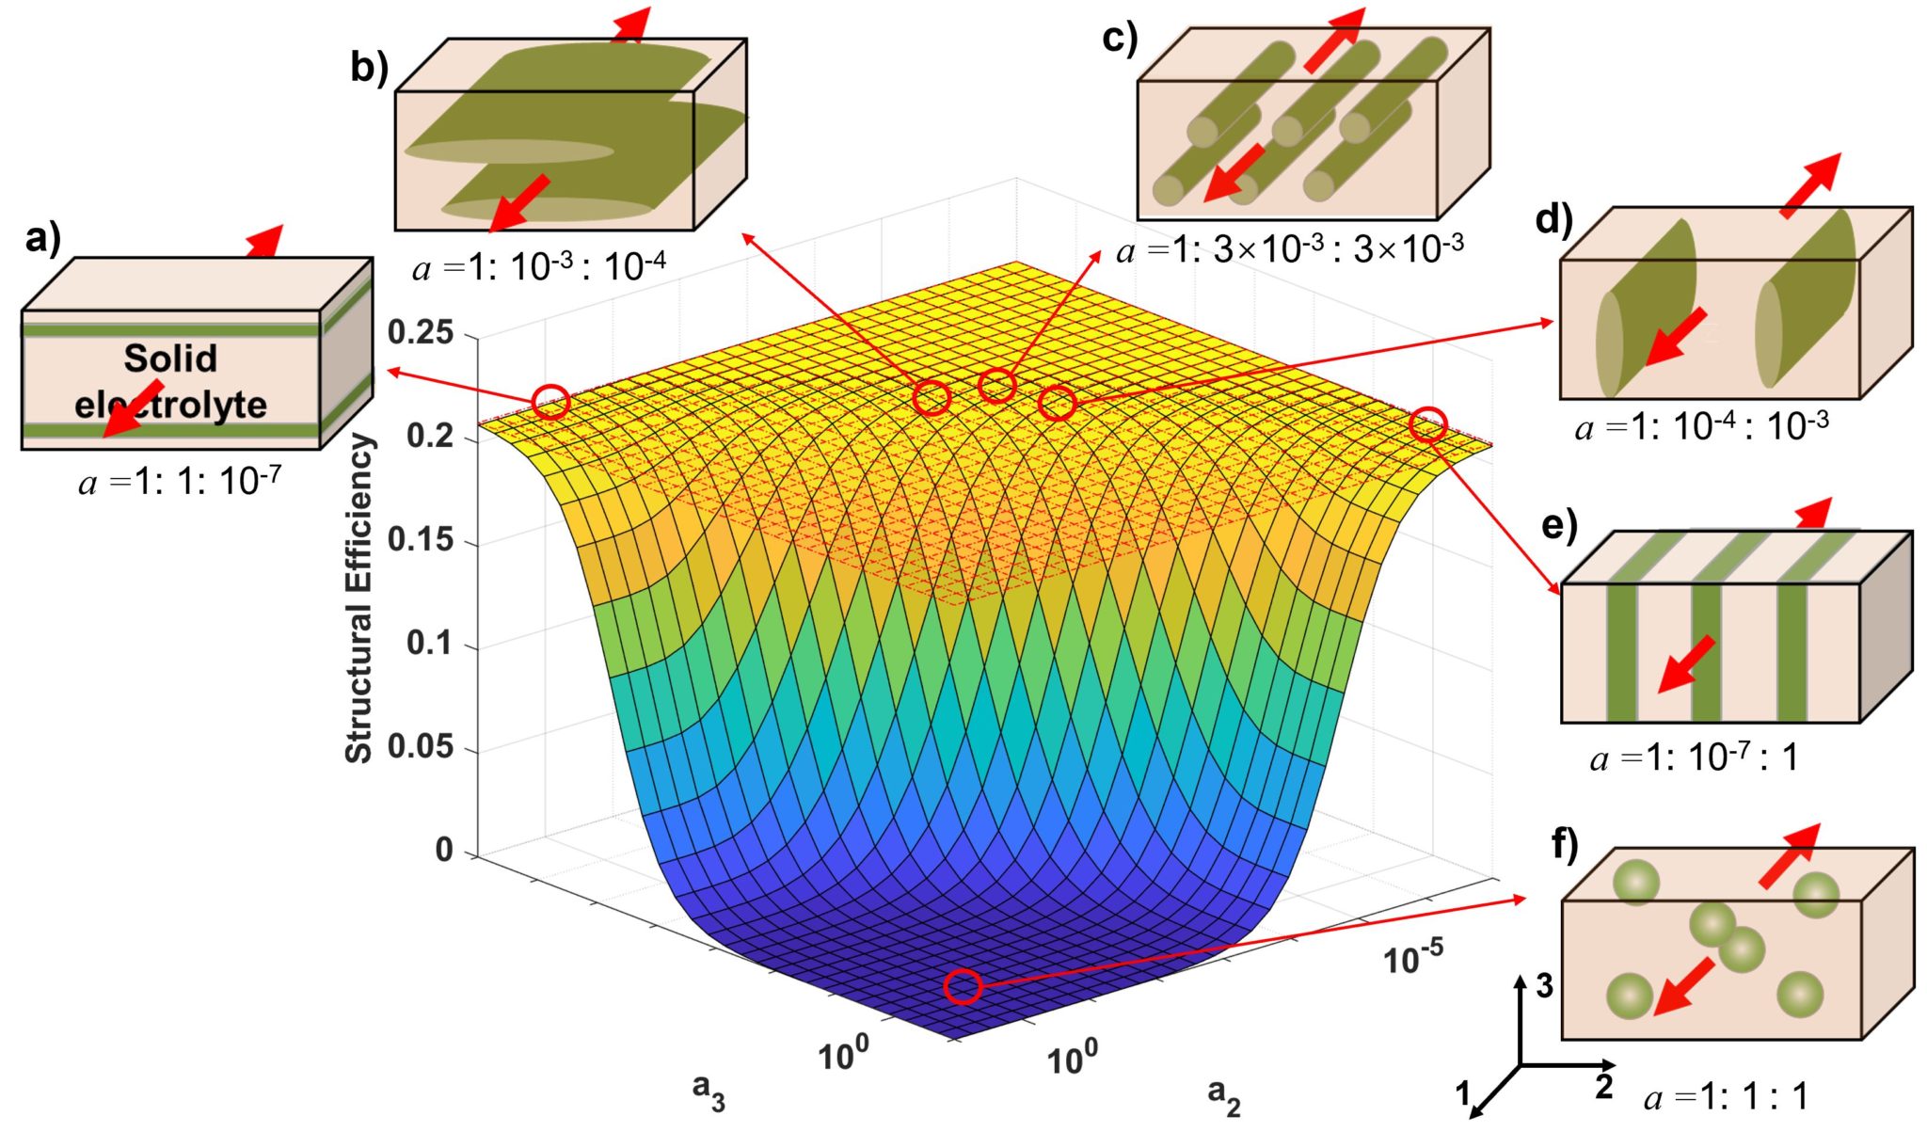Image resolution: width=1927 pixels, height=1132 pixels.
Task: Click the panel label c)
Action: pos(1119,40)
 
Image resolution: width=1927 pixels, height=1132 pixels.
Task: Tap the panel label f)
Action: pos(1564,845)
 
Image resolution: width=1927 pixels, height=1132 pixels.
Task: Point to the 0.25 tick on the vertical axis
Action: pos(421,332)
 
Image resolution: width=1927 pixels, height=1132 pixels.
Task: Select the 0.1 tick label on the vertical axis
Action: pos(429,644)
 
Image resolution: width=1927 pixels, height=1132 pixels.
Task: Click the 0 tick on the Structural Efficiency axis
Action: pos(444,850)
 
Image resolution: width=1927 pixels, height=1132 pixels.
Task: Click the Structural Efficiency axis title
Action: pos(359,598)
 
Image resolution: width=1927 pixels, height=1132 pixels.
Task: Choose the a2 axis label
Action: pos(1223,1095)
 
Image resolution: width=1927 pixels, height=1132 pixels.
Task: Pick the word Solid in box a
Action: pos(170,359)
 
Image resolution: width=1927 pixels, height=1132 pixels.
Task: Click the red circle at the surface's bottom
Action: pos(963,986)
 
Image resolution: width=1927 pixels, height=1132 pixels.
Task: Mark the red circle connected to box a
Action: pos(551,402)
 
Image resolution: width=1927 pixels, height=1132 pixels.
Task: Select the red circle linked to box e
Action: pos(1427,424)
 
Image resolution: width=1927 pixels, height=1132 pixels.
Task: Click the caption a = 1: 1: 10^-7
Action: pos(180,482)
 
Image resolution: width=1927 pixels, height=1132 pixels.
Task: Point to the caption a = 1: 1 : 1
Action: pos(1726,1097)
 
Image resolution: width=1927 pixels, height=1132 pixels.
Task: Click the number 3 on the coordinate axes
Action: pos(1544,986)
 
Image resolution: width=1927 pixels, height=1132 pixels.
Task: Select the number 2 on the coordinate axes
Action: pos(1604,1087)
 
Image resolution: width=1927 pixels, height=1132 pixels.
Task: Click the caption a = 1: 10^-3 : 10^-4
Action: pos(539,268)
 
